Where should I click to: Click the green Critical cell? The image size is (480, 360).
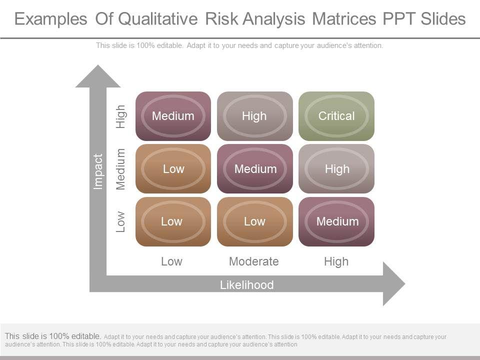(336, 116)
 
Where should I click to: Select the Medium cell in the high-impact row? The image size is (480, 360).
(173, 116)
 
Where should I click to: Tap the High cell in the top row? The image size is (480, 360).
(254, 116)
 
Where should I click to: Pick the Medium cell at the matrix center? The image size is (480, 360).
(254, 168)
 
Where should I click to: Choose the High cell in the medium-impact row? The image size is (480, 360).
(336, 168)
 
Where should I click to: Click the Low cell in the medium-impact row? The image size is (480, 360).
(173, 168)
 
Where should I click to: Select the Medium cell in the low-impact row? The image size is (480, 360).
(336, 221)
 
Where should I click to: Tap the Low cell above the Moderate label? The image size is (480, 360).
(254, 221)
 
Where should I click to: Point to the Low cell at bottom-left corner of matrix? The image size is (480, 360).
(173, 221)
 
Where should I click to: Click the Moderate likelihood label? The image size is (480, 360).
(254, 261)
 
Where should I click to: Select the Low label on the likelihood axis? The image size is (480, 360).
(171, 261)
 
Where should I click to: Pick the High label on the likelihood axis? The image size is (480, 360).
(336, 261)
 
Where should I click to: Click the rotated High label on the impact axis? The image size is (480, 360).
(120, 116)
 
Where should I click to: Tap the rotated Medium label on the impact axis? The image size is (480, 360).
(120, 169)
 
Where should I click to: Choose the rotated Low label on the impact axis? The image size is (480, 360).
(120, 221)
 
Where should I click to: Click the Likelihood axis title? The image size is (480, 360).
(246, 284)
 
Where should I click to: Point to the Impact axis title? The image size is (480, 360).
(97, 171)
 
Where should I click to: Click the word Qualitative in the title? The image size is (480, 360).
(158, 19)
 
